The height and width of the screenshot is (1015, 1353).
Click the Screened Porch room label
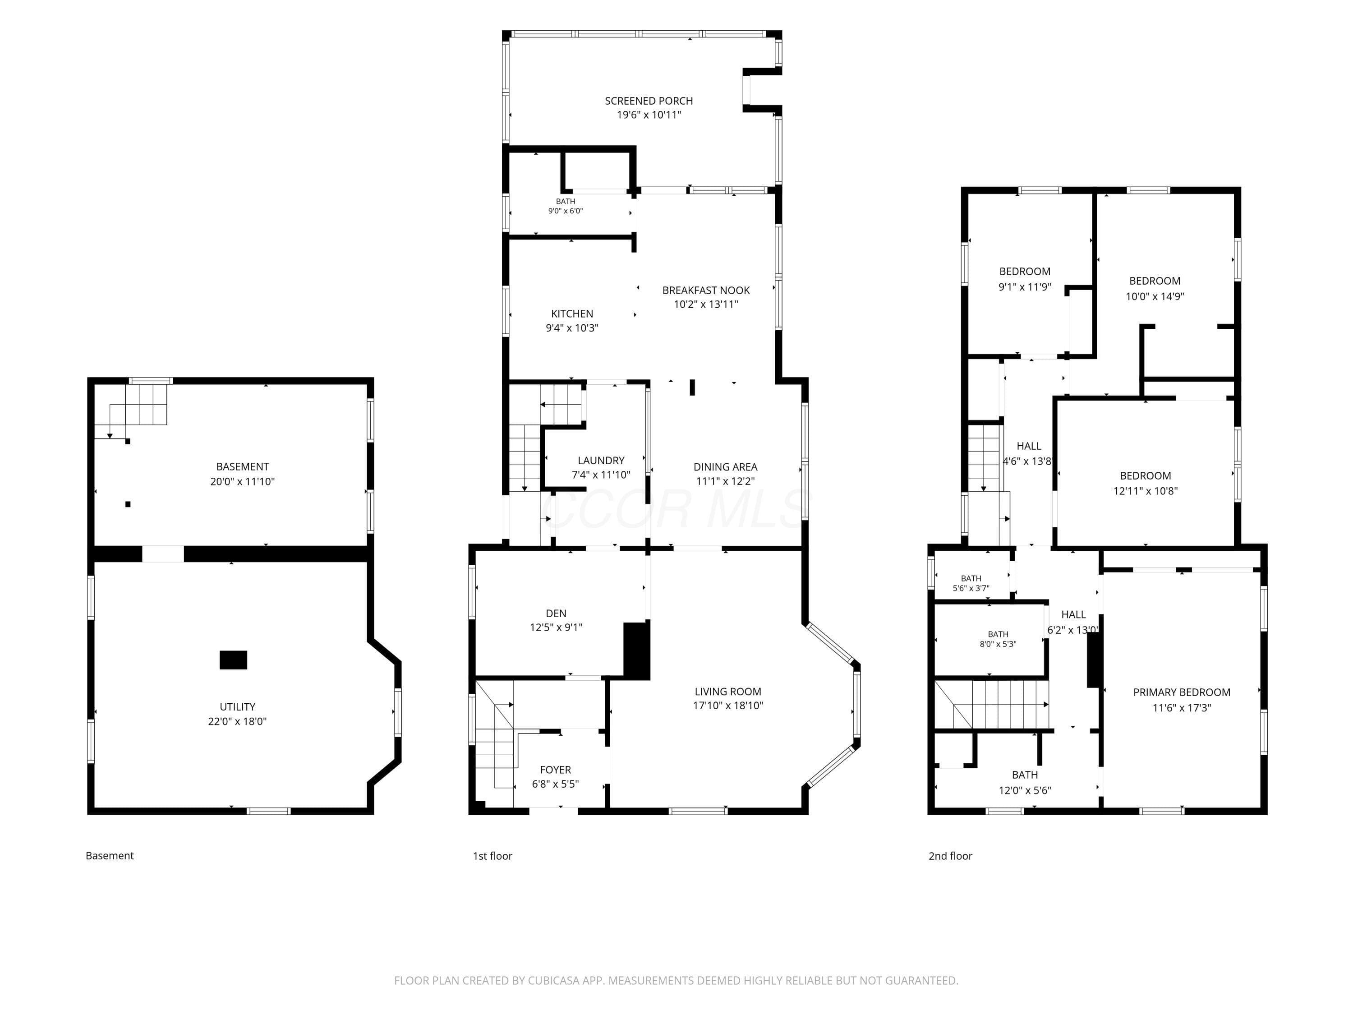(649, 101)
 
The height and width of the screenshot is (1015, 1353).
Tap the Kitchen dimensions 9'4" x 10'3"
(572, 328)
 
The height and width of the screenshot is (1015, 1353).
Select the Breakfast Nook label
(706, 291)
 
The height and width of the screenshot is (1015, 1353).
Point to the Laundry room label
(601, 461)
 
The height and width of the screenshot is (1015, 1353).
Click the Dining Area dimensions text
(725, 481)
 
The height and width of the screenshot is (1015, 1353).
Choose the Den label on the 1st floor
(556, 614)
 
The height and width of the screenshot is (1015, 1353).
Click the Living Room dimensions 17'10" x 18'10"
(728, 706)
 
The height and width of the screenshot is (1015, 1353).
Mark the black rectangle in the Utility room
(233, 660)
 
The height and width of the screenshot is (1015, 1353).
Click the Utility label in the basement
(237, 706)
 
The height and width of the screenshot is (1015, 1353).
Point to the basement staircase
(138, 405)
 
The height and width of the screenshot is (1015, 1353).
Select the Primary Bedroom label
(1182, 692)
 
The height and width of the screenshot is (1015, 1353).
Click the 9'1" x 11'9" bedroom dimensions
(1025, 286)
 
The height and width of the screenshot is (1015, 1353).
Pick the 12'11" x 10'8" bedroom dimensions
(1145, 491)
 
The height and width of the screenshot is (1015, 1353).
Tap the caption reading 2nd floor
(950, 856)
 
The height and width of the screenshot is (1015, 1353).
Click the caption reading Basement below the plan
(110, 856)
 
